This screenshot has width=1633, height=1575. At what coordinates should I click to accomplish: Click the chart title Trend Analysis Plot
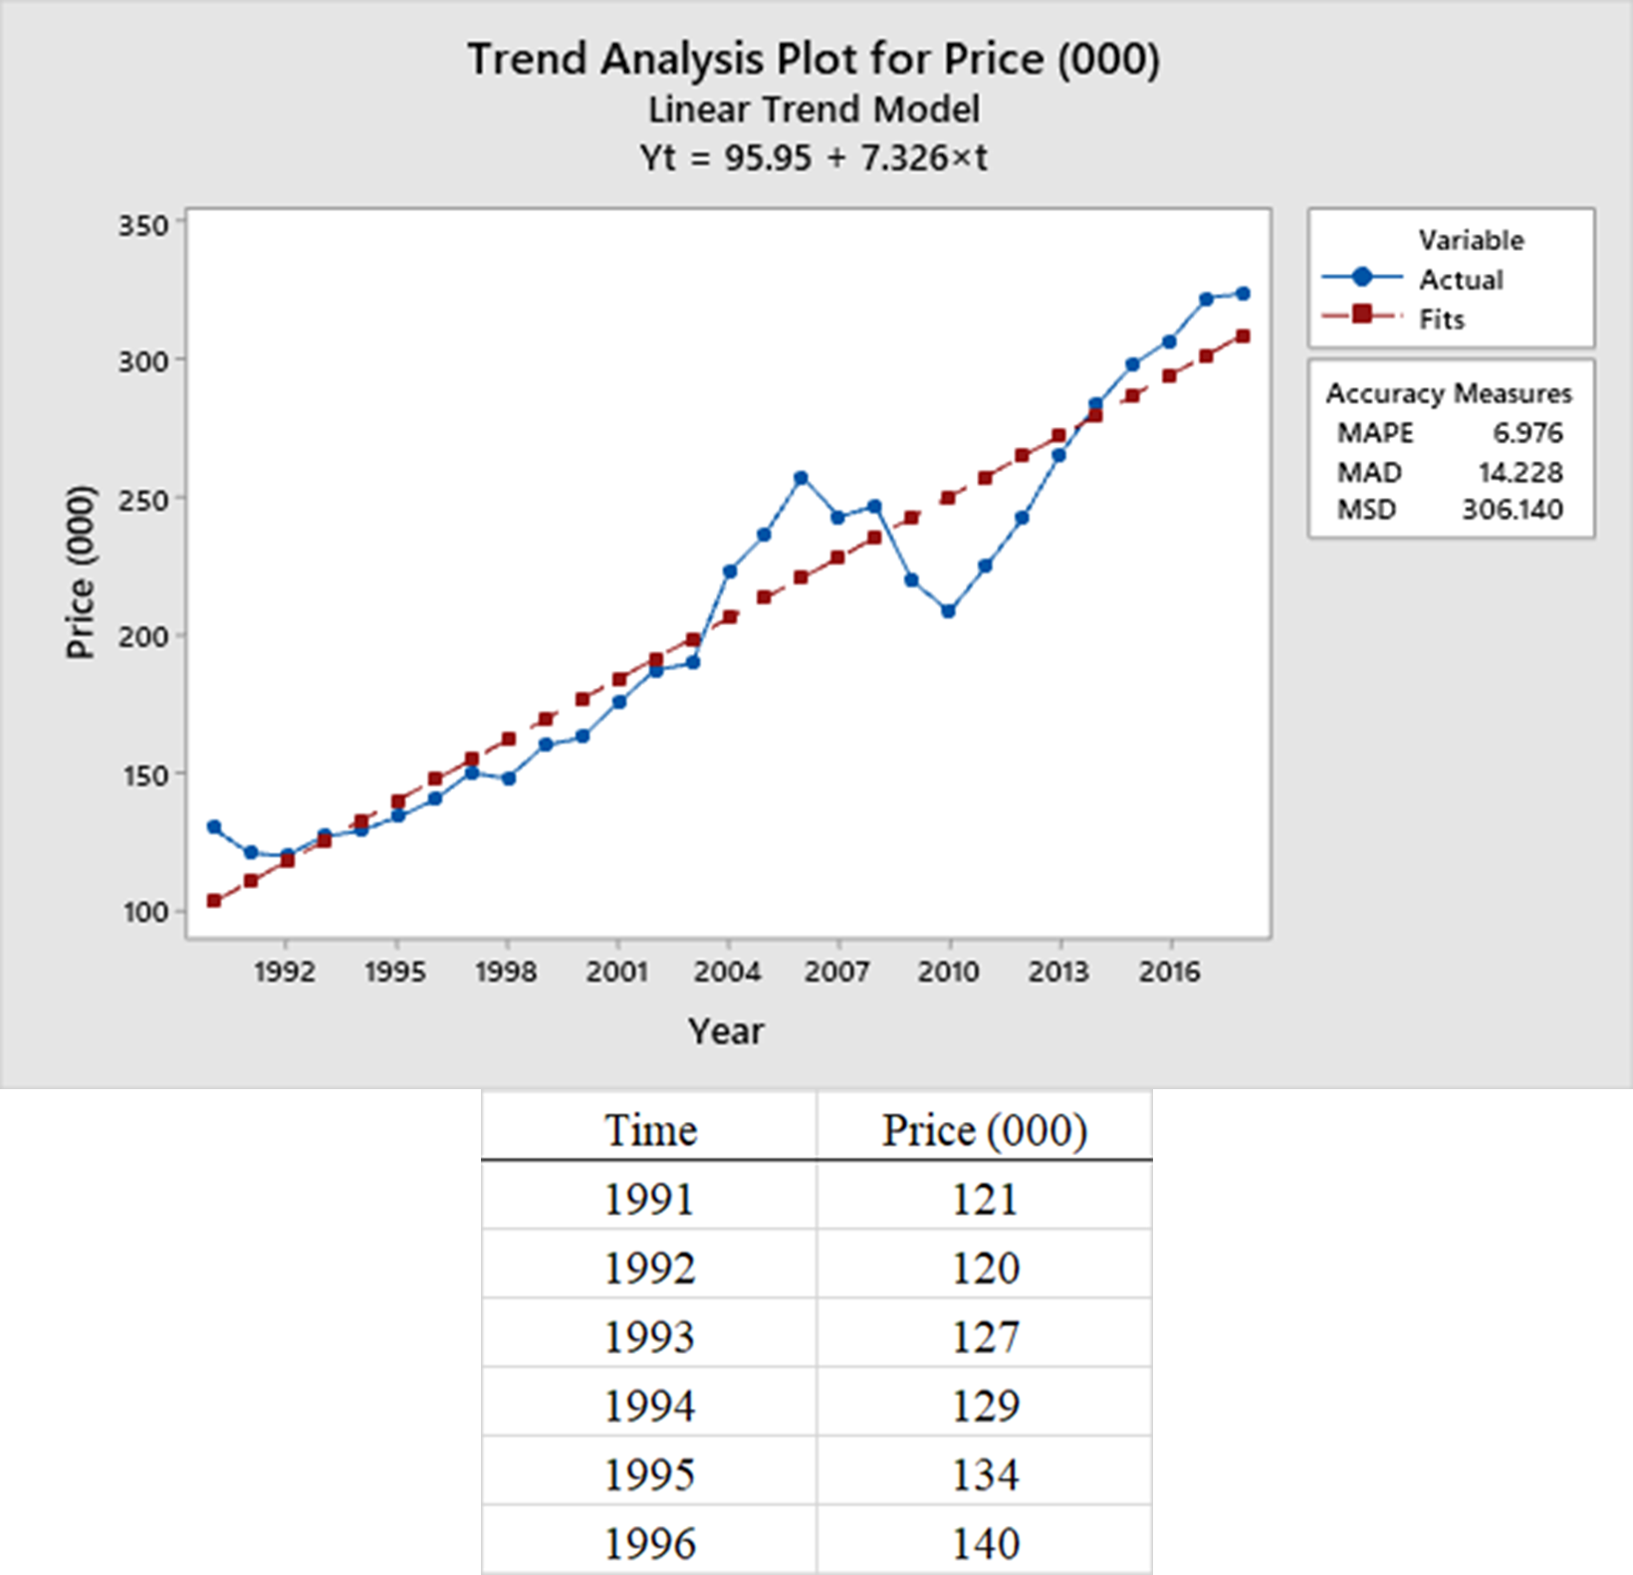click(814, 59)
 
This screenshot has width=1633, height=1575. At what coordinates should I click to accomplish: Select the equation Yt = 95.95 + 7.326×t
click(814, 157)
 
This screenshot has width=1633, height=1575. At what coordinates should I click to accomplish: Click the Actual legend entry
click(1460, 280)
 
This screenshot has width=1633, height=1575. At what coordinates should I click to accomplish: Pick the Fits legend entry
click(1441, 320)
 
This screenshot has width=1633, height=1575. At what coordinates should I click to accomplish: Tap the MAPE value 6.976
click(1526, 433)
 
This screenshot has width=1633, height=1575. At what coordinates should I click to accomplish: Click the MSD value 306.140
click(1512, 510)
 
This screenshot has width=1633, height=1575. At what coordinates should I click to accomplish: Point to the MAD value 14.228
click(1519, 472)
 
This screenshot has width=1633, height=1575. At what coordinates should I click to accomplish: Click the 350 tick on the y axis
click(143, 226)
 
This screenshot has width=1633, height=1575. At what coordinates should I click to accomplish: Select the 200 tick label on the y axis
click(143, 637)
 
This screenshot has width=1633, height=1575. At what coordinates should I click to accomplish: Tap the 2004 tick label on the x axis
click(727, 971)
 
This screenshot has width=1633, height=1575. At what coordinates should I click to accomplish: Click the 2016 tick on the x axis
click(1169, 971)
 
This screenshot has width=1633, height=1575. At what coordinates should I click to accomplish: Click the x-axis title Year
click(726, 1030)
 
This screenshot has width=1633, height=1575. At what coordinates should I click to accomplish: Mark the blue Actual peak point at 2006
click(801, 478)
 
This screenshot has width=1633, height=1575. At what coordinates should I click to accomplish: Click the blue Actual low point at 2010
click(948, 611)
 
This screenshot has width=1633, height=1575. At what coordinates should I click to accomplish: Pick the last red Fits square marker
click(1243, 337)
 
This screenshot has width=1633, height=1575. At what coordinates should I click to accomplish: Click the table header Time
click(650, 1130)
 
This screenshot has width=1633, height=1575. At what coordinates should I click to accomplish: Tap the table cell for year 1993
click(649, 1336)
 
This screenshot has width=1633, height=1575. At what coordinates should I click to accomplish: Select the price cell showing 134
click(985, 1474)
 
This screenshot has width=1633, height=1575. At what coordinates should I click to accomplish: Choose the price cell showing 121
click(985, 1199)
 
